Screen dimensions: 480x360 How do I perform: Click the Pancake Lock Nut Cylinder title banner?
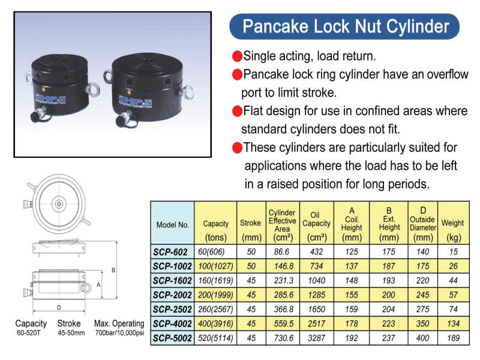click(344, 26)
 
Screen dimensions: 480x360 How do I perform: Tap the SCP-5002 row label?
click(172, 338)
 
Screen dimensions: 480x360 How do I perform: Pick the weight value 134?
click(454, 323)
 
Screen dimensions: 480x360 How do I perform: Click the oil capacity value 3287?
click(317, 338)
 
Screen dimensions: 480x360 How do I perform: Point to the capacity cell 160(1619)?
click(215, 280)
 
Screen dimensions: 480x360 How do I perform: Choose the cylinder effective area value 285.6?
click(283, 295)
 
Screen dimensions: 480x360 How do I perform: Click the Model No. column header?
click(173, 224)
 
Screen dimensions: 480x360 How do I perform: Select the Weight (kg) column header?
click(453, 230)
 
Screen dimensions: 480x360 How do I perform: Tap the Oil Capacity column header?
click(317, 226)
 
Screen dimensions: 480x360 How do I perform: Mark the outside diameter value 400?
click(423, 338)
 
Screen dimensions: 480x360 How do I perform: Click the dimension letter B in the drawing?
click(113, 270)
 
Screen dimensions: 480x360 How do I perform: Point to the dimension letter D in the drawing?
click(59, 307)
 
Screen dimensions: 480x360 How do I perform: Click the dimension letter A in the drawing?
click(98, 284)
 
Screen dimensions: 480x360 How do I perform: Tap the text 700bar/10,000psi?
click(119, 333)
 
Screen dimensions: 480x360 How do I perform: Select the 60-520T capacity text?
click(28, 333)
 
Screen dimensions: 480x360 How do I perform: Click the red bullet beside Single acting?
click(237, 56)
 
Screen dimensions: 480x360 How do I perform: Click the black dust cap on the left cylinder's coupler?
click(35, 116)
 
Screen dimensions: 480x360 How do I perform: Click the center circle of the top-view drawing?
click(59, 204)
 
